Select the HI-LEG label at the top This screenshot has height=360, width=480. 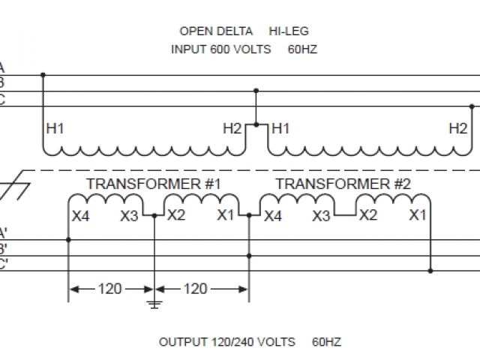click(x=289, y=31)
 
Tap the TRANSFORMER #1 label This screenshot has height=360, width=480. click(x=154, y=184)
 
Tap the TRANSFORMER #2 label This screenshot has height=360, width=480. click(x=343, y=184)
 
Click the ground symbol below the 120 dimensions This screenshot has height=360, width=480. click(x=154, y=304)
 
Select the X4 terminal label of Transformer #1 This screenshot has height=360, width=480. click(x=81, y=216)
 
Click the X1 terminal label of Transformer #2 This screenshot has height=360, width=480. click(x=418, y=216)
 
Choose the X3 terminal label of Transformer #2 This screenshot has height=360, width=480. click(x=321, y=216)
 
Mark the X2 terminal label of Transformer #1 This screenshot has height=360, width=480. click(x=176, y=216)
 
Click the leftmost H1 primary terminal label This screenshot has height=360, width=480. click(x=55, y=128)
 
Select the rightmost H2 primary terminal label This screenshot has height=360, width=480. click(x=457, y=128)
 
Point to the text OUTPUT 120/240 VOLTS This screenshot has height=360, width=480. click(x=229, y=342)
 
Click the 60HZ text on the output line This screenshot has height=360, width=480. click(x=327, y=342)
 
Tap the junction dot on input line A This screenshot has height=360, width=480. click(x=43, y=75)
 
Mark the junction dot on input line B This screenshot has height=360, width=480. click(x=256, y=91)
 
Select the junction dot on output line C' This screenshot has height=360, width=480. click(x=430, y=270)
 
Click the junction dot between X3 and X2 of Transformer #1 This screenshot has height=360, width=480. click(x=154, y=216)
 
